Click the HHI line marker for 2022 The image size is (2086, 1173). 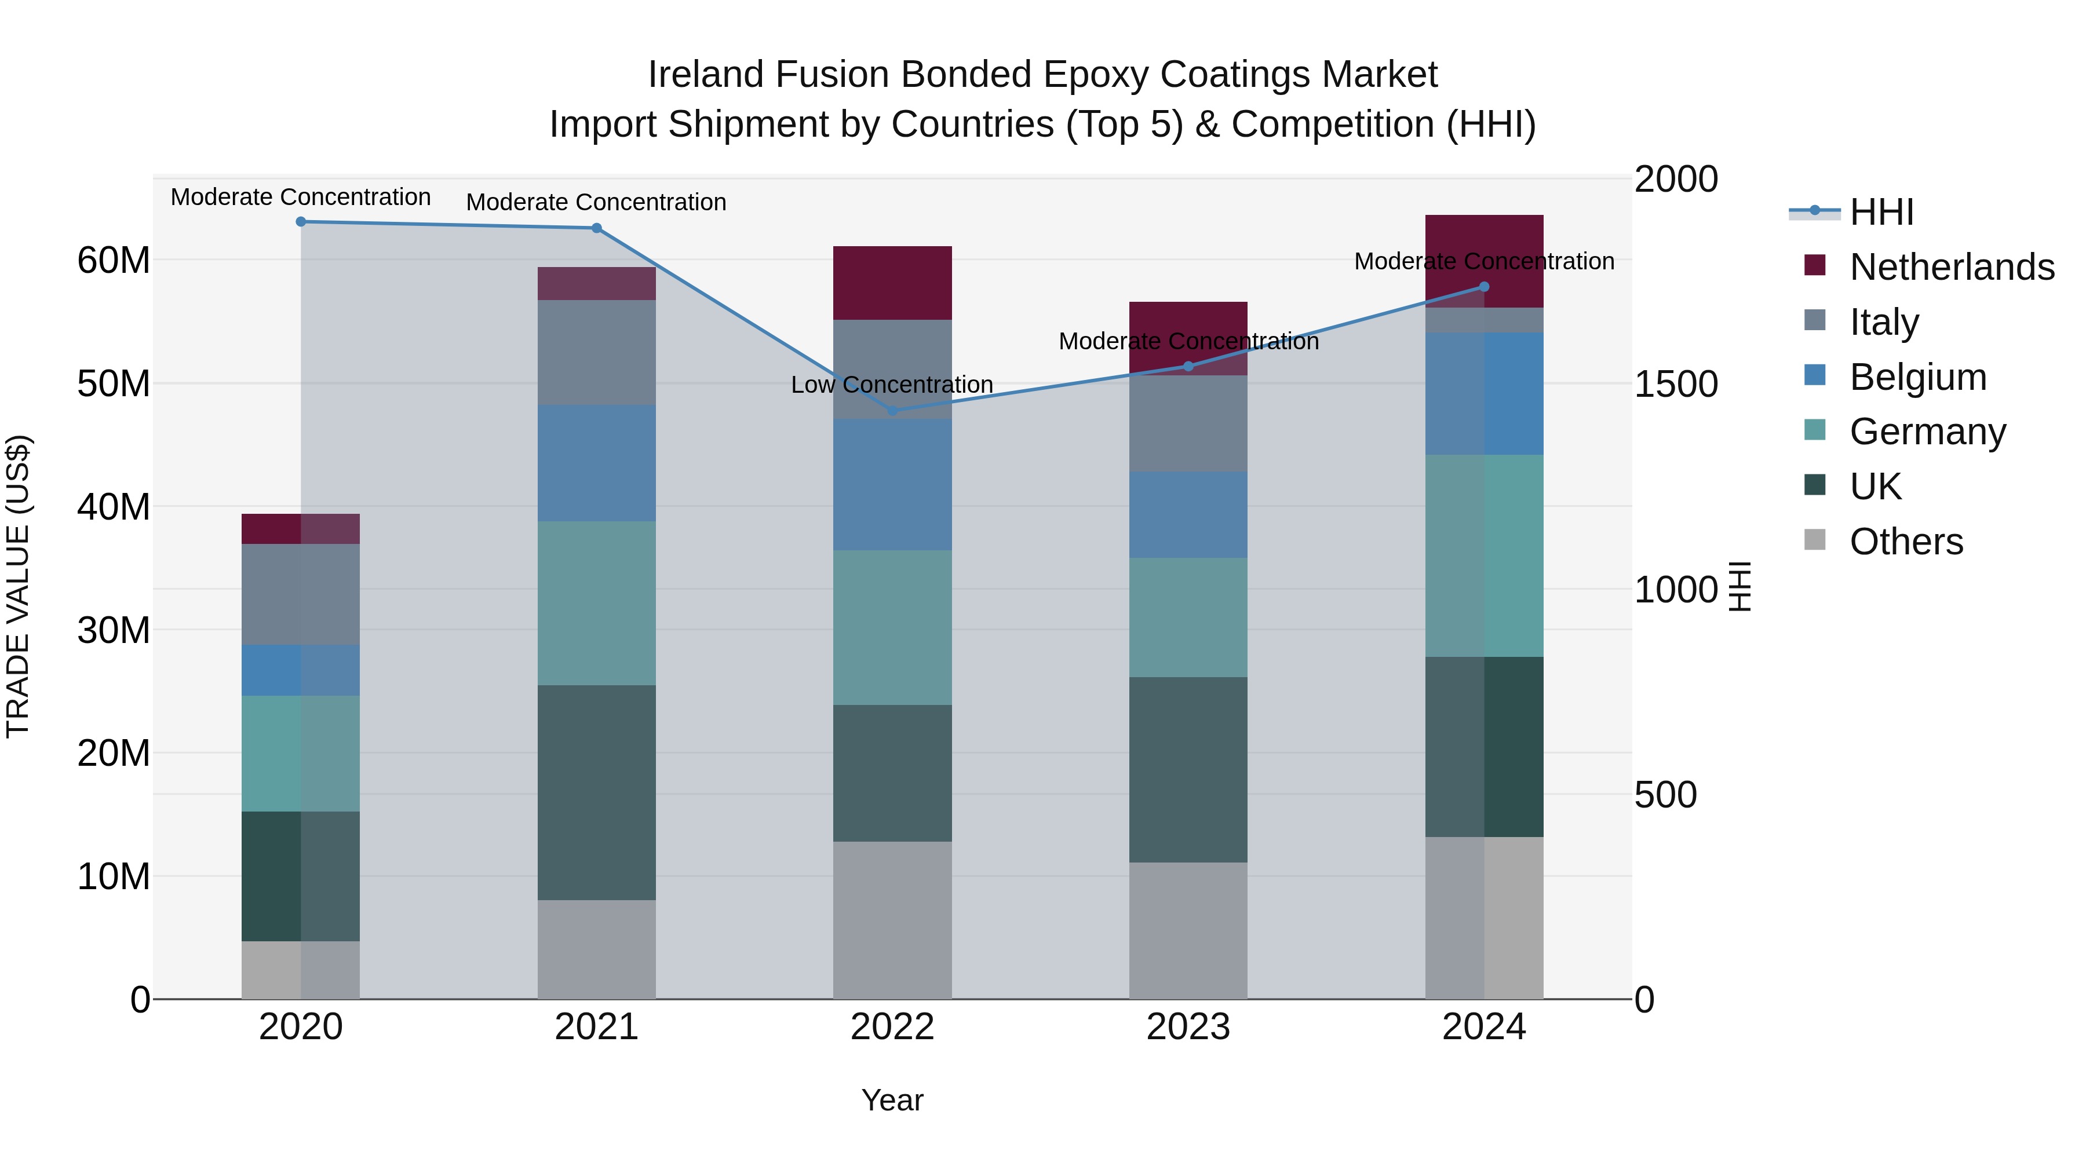coord(892,411)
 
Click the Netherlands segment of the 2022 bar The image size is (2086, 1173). coord(892,283)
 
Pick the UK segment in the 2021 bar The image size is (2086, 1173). coord(596,792)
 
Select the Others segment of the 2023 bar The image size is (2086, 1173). coord(1188,930)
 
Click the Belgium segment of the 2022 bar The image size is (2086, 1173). coord(892,484)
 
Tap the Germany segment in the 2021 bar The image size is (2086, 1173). coord(596,603)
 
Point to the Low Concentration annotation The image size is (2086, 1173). coord(892,385)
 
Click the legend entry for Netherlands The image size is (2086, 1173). coord(1952,267)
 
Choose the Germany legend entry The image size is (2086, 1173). coord(1927,432)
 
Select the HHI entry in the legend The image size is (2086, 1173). coord(1881,212)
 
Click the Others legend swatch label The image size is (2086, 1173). coord(1906,542)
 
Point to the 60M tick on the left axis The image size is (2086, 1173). coord(114,261)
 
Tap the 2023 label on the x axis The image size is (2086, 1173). coord(1188,1027)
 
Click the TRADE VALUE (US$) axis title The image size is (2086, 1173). coord(18,586)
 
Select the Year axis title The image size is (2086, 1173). coord(892,1100)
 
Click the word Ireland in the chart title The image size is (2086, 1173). coord(705,75)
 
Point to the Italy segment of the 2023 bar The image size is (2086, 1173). coord(1188,423)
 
